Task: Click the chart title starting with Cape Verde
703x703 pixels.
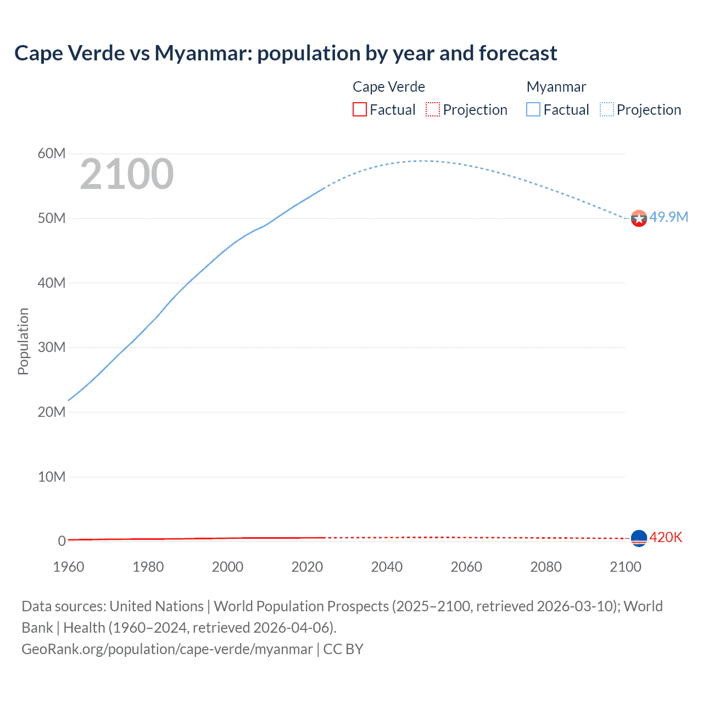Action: point(286,53)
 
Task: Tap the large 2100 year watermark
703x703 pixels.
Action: point(127,174)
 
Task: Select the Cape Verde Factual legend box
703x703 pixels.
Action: point(359,109)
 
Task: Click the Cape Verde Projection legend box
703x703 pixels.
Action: point(433,109)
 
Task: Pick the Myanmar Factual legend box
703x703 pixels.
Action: point(533,109)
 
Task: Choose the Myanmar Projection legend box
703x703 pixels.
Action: point(607,109)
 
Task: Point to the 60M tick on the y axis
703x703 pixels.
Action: point(52,153)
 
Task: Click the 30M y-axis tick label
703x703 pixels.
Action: point(52,347)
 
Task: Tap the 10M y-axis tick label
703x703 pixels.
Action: point(52,477)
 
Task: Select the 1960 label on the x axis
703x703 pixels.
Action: point(69,567)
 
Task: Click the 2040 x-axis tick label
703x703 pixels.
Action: point(387,567)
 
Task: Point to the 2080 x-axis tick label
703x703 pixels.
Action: point(546,567)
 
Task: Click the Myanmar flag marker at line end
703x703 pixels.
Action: point(639,219)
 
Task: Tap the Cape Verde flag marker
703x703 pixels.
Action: point(639,538)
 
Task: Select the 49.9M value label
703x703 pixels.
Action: point(668,217)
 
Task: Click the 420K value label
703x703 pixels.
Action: point(666,537)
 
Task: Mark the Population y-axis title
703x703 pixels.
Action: point(23,341)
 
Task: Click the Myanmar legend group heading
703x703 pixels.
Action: point(556,87)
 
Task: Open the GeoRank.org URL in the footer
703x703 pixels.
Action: point(167,649)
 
